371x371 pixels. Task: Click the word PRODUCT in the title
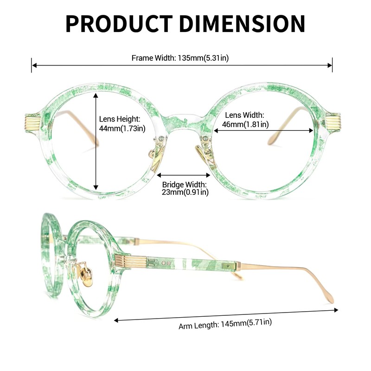point(119,24)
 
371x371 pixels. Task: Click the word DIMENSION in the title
point(242,24)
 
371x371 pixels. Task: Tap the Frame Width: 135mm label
point(180,58)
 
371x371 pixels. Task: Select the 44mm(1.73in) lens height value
point(122,128)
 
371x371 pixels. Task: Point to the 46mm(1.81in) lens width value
point(245,124)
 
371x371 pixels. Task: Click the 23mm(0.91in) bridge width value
point(185,192)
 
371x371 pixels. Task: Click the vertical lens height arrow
point(96,141)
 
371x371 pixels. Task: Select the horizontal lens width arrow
point(263,130)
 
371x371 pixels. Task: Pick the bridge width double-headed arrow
point(184,175)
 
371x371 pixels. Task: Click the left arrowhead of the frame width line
point(34,65)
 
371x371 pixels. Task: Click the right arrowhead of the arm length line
point(336,310)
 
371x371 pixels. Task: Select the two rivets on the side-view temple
point(166,263)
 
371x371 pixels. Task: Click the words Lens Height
point(120,119)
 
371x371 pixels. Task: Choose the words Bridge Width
point(184,185)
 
